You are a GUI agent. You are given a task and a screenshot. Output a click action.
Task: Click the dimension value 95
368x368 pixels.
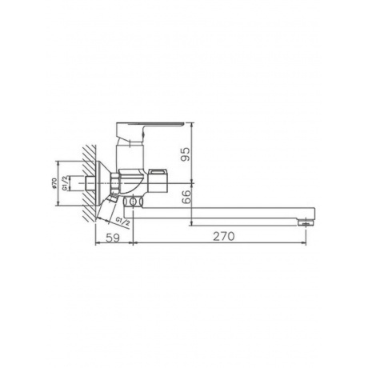pos(186,154)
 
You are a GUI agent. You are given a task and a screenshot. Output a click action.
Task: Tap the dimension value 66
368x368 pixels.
pos(187,197)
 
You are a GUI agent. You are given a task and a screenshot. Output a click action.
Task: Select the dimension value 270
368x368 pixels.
pos(223,236)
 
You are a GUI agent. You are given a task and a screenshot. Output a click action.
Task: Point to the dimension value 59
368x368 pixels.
pos(113,238)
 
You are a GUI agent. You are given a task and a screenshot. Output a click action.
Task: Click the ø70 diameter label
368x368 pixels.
pos(54,183)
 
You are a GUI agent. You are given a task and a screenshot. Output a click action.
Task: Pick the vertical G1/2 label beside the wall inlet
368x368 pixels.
pos(65,183)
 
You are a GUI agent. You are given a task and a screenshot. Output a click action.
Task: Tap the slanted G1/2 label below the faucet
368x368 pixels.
pos(122,222)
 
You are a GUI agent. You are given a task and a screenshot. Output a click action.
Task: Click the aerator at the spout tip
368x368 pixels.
pos(306,222)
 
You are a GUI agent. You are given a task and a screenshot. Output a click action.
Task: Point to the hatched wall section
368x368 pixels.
pos(89,183)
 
